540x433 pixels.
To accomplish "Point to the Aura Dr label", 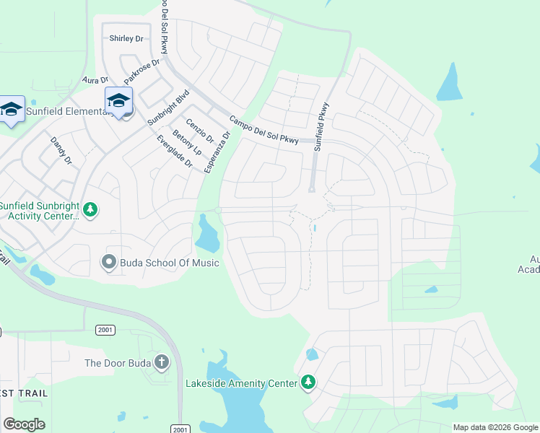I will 95,80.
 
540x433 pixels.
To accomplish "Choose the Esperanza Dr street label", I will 217,152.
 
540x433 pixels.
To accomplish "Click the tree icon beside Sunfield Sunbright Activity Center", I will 90,210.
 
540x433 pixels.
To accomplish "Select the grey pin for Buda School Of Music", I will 109,261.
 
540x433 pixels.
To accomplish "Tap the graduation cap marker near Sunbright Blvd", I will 118,100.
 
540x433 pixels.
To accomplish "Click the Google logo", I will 24,424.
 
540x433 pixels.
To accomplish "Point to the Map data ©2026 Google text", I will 495,427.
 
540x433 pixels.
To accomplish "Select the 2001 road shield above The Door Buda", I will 105,329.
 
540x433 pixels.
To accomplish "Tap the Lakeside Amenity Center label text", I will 241,383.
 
